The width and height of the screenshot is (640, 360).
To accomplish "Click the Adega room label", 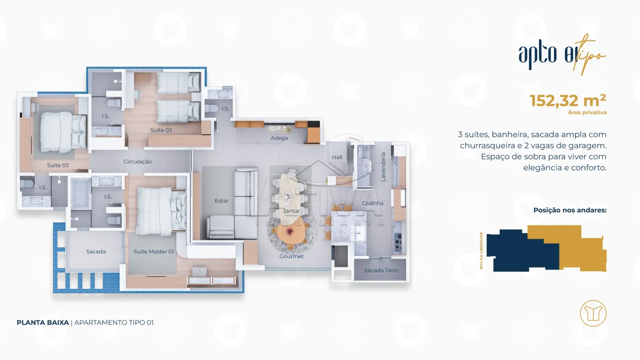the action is coord(279,138).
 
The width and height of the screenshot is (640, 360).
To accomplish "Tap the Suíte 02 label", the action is coord(161,130).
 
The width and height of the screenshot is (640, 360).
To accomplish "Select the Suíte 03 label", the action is coord(58,165).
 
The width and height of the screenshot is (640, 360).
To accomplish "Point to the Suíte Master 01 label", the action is coord(154,252).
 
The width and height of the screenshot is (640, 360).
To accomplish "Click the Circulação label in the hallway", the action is coord(138,161).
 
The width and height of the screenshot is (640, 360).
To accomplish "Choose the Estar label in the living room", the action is coord(221,201).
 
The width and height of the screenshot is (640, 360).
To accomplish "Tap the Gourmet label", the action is coord(292,256).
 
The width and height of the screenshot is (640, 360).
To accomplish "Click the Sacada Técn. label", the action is coord(381,270).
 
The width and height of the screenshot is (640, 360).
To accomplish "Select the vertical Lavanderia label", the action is coord(383,167).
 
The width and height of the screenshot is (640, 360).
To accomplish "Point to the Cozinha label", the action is coord(373,203).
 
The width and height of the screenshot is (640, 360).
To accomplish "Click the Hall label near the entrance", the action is coord(337,157).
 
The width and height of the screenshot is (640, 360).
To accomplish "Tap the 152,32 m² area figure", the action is coord(568,100).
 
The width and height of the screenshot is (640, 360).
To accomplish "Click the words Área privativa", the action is coord(587,113).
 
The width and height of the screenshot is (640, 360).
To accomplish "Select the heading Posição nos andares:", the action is coord(570,210).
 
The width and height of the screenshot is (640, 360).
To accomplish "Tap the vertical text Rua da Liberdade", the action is coord(481,251).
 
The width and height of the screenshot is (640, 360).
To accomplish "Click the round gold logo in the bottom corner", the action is coord(593,313).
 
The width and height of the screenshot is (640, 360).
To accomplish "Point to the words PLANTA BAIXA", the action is coord(43,322).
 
